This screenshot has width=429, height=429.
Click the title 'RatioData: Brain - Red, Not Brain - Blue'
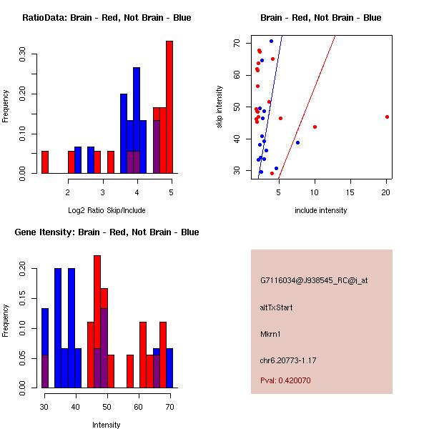tap(107, 18)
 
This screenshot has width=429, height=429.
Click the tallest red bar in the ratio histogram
tap(169, 107)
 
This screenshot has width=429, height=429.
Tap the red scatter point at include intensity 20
tap(387, 117)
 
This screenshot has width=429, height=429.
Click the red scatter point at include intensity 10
tap(315, 127)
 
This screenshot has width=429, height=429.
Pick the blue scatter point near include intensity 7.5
tap(297, 142)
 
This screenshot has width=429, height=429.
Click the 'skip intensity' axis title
tap(220, 107)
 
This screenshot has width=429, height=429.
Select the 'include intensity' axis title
tap(320, 210)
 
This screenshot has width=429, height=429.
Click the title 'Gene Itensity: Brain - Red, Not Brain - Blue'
tap(107, 232)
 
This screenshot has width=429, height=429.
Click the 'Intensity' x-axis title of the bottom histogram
tap(107, 425)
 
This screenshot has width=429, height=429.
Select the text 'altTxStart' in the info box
tap(277, 307)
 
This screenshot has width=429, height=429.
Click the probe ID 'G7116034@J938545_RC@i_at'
tap(314, 281)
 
